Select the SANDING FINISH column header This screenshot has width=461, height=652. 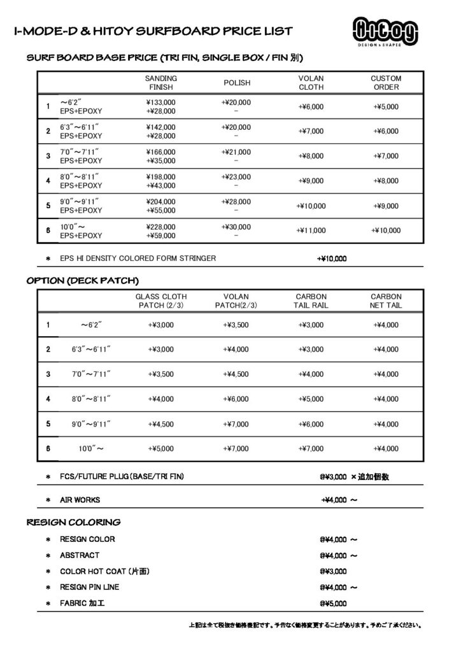[160, 83]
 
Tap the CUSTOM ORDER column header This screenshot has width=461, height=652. [386, 83]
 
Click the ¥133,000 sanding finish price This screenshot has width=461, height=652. [160, 102]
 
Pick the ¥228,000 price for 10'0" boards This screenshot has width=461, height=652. [160, 226]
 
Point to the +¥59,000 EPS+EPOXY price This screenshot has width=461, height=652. [160, 236]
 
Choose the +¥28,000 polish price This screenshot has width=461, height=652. [236, 201]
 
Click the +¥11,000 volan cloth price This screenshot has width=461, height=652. [311, 230]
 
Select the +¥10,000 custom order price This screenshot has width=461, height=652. [386, 230]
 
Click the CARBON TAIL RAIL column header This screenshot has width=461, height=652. [311, 301]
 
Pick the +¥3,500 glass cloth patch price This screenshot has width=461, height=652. [160, 374]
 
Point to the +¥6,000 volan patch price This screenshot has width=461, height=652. [236, 399]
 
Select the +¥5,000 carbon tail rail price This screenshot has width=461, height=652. [311, 399]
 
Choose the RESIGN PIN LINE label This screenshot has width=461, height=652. [89, 586]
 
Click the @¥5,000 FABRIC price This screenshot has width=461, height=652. [333, 602]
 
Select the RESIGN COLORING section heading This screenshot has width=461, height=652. [73, 523]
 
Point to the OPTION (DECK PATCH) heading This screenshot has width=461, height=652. [82, 280]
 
